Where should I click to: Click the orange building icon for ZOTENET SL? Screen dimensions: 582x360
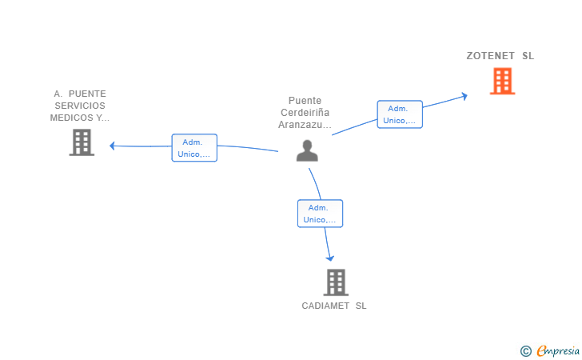[x=502, y=81]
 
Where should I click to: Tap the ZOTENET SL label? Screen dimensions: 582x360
[x=500, y=56]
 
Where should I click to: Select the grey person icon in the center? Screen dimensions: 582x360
[x=307, y=150]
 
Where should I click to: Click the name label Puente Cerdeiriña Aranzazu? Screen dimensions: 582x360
[x=305, y=113]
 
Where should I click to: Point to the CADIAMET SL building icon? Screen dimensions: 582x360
[x=336, y=282]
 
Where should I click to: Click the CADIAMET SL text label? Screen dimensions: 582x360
[x=334, y=306]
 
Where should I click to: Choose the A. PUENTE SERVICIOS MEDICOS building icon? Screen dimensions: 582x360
[x=82, y=142]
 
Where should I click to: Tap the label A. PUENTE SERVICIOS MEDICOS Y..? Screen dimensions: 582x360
[x=80, y=106]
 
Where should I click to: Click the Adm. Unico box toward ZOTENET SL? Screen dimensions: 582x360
[x=400, y=114]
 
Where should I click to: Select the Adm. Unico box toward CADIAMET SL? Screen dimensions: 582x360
[x=320, y=214]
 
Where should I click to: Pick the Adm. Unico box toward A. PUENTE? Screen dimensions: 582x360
[x=194, y=148]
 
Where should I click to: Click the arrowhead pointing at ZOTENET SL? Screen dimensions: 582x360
[x=464, y=96]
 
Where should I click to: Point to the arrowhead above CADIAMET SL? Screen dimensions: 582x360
[x=330, y=258]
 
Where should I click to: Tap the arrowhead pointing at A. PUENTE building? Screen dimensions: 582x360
[x=112, y=146]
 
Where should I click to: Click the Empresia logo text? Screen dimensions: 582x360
[x=558, y=350]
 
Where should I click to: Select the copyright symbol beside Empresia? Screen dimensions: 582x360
[x=526, y=351]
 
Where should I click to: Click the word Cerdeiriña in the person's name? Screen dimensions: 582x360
[x=305, y=113]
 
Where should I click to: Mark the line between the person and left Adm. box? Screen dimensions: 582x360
[x=248, y=148]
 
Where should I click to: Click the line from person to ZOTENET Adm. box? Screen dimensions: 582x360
[x=354, y=127]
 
